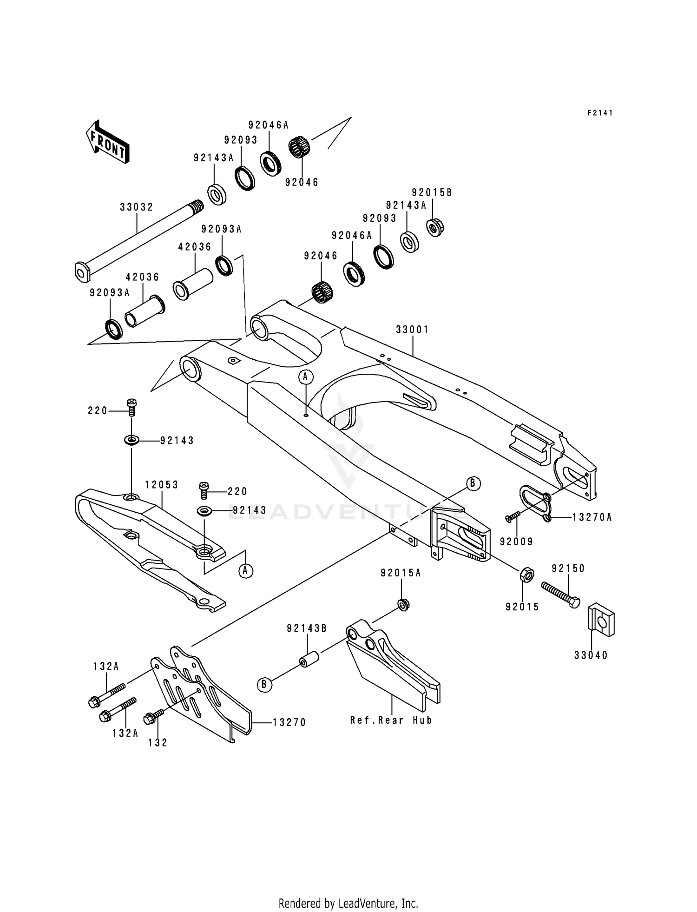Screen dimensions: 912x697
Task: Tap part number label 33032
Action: pyautogui.click(x=137, y=207)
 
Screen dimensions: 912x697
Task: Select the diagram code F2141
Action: pyautogui.click(x=600, y=113)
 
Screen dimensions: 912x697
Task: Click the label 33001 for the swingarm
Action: pyautogui.click(x=412, y=330)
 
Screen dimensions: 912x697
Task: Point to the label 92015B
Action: pyautogui.click(x=432, y=192)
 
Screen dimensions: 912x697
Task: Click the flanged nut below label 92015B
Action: pyautogui.click(x=434, y=228)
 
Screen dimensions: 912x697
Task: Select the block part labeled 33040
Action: pyautogui.click(x=602, y=620)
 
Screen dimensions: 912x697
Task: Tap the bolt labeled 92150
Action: pyautogui.click(x=561, y=594)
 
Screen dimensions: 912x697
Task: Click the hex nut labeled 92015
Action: pyautogui.click(x=526, y=575)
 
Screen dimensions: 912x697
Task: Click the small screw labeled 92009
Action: pyautogui.click(x=513, y=516)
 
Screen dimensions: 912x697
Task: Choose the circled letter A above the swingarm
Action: pyautogui.click(x=305, y=377)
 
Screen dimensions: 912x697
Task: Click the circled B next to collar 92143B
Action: pyautogui.click(x=264, y=685)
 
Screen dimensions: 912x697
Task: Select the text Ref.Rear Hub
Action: pyautogui.click(x=391, y=720)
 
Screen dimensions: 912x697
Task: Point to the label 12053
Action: pyautogui.click(x=161, y=485)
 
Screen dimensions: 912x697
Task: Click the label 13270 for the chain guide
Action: pyautogui.click(x=289, y=722)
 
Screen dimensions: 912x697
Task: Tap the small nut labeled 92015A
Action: pyautogui.click(x=403, y=605)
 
